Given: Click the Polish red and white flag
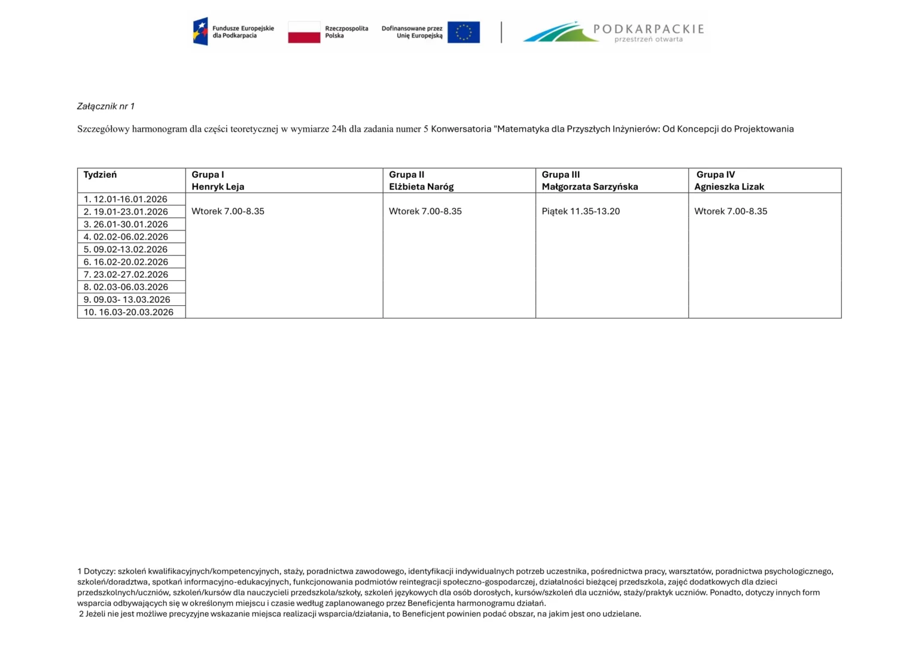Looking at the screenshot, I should pos(304,32).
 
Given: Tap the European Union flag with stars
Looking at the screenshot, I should pos(463,32).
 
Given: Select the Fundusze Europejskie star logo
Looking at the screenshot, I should pos(200,31).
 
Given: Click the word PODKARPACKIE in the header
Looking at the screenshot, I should pos(648,29).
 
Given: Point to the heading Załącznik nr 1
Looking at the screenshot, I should pos(106,107).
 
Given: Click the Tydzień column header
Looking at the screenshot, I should pos(100,175).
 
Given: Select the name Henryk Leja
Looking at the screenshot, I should pos(218,187).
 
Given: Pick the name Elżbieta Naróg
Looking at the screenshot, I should pos(421,187).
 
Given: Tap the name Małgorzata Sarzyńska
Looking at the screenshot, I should pos(589,187).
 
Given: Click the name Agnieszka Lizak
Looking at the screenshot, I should pos(729,187).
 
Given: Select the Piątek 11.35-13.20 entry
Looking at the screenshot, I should pos(580,211).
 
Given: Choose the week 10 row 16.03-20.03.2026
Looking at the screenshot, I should pos(128,312).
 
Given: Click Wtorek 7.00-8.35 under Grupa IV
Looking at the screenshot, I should pos(731,211).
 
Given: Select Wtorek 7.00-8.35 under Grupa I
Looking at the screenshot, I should pos(228,211).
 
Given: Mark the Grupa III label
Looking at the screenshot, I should pos(561,175).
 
